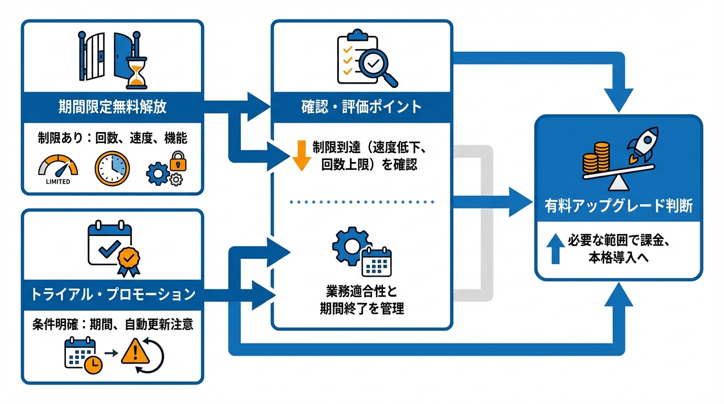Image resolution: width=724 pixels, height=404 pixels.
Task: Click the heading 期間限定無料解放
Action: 112,107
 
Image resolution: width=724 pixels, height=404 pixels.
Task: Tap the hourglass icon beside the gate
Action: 136,73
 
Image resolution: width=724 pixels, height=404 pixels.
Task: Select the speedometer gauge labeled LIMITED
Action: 58,167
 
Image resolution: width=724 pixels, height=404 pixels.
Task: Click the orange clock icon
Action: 112,168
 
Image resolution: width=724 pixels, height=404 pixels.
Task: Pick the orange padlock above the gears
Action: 178,160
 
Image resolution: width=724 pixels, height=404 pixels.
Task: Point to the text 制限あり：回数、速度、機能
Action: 112,138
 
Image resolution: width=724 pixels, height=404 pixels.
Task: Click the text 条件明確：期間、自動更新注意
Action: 112,325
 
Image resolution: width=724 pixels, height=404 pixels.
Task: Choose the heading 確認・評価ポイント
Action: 361,107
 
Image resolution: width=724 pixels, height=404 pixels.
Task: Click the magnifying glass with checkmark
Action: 380,67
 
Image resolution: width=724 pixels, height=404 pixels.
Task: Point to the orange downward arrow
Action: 301,155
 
